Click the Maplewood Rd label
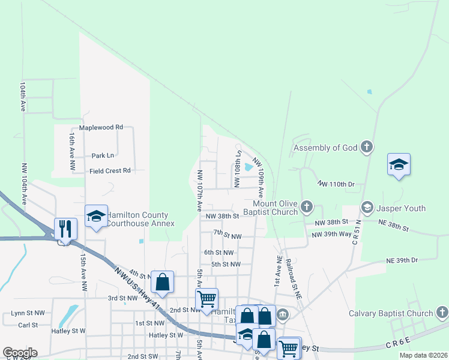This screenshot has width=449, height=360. (101, 127)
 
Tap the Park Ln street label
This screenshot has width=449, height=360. (103, 155)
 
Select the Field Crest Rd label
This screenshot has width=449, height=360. (110, 170)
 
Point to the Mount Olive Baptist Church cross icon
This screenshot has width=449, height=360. (307, 207)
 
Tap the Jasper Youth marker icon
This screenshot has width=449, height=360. (366, 208)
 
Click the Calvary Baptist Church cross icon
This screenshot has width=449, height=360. (441, 313)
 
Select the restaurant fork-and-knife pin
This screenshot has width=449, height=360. (65, 229)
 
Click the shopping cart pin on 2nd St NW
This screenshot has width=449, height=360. (206, 299)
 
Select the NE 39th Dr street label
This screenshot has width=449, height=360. (402, 260)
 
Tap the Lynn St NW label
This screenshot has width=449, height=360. (28, 313)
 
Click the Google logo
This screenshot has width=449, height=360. (20, 353)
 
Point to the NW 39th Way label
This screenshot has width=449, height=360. (331, 234)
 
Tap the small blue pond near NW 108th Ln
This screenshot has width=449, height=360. (249, 167)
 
